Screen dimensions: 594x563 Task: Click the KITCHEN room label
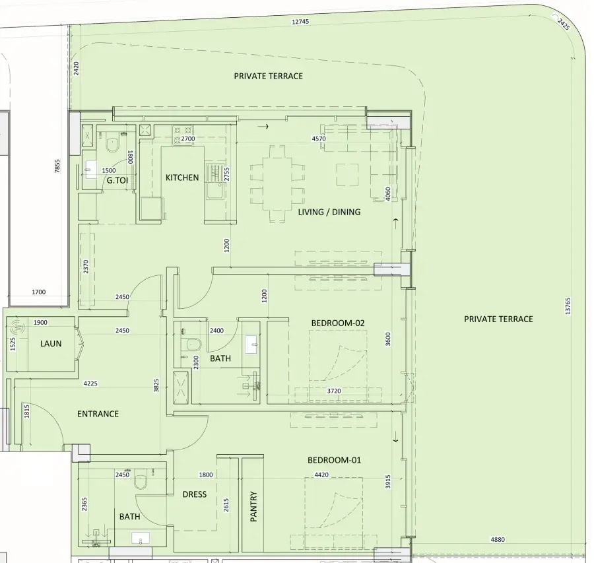click(182, 178)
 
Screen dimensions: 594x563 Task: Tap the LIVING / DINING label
click(329, 212)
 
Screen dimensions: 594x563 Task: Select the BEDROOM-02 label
click(337, 323)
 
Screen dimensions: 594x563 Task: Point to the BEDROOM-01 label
click(334, 460)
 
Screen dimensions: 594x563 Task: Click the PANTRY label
click(254, 507)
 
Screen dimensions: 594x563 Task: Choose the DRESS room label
click(194, 494)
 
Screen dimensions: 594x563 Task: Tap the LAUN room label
click(51, 344)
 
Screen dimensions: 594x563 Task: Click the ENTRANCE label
click(98, 414)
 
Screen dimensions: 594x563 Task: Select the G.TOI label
click(117, 180)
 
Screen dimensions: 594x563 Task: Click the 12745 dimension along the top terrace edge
click(300, 22)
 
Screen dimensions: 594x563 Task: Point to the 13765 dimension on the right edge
click(568, 306)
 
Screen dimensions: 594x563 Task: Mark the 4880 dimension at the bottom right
click(498, 539)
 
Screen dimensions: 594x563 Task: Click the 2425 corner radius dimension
click(564, 24)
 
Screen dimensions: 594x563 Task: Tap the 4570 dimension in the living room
click(319, 139)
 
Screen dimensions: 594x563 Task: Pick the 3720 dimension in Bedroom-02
click(334, 391)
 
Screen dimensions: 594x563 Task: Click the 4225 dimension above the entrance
click(90, 383)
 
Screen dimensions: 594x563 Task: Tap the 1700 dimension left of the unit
click(39, 292)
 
